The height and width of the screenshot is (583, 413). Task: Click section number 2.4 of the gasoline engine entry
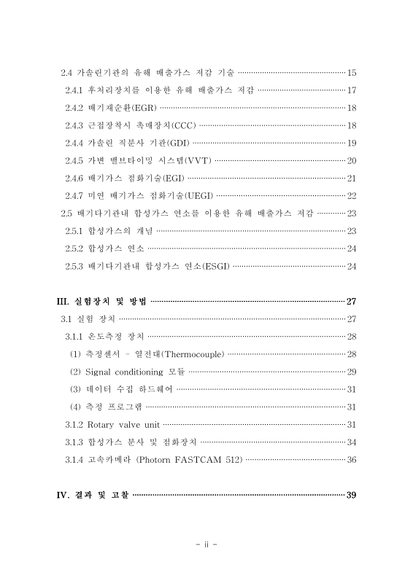click(66, 73)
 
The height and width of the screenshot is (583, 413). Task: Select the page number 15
click(352, 73)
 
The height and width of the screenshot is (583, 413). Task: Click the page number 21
click(352, 178)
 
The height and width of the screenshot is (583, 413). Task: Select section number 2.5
click(66, 213)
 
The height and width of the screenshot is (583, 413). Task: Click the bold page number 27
click(351, 302)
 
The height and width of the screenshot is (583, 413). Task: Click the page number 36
click(352, 459)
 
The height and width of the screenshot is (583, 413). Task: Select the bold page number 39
click(351, 496)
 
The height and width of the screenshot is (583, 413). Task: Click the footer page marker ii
click(206, 544)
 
